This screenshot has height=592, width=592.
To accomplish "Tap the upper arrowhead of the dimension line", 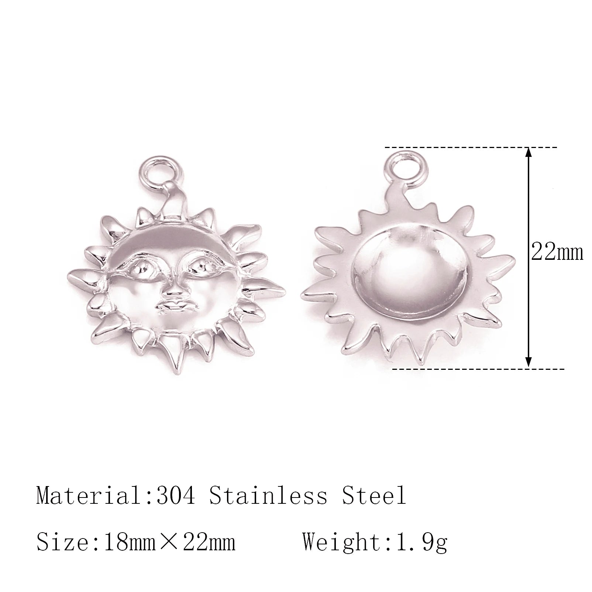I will pyautogui.click(x=529, y=153).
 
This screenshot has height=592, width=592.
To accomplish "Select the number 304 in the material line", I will pyautogui.click(x=176, y=496).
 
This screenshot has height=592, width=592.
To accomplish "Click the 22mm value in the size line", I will pyautogui.click(x=209, y=542).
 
